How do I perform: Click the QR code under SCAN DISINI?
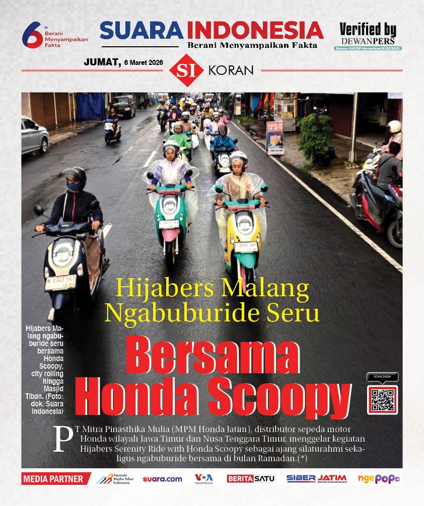pyautogui.click(x=382, y=400)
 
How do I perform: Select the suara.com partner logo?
pyautogui.click(x=162, y=479)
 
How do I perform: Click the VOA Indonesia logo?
pyautogui.click(x=204, y=478)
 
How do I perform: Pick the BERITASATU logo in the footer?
pyautogui.click(x=251, y=479)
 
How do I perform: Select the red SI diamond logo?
pyautogui.click(x=186, y=70)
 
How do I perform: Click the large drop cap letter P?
pyautogui.click(x=62, y=438)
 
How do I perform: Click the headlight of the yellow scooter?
pyautogui.click(x=245, y=222)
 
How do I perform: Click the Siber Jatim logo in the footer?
pyautogui.click(x=316, y=479)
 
